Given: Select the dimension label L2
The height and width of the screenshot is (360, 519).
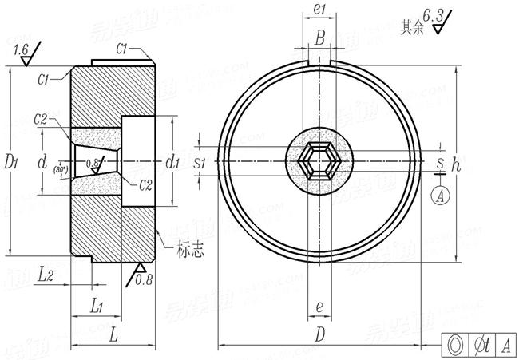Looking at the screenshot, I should coord(46,274).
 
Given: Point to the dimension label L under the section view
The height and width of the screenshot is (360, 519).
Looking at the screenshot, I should coord(113,335).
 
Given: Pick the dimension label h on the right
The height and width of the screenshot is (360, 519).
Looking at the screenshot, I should coord(456,165).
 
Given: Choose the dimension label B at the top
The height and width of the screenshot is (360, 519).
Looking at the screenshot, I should coord(319,37).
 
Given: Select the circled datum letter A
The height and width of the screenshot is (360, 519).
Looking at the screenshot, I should coord(440,193).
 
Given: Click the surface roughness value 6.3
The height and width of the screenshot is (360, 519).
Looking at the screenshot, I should coord(434,14).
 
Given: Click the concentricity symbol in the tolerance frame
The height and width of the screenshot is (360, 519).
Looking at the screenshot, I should coord(455,344).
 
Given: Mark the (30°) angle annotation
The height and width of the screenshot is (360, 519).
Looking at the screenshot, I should coord(60,170).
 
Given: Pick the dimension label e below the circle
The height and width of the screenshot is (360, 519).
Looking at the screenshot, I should coord(319,306).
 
